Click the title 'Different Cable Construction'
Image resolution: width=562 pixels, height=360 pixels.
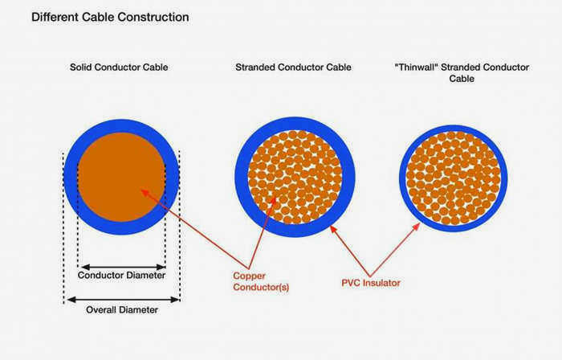click(110, 17)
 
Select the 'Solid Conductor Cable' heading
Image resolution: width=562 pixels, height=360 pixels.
click(119, 67)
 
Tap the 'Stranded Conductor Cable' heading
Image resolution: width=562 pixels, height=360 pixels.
click(293, 67)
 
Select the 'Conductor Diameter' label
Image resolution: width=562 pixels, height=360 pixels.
click(121, 275)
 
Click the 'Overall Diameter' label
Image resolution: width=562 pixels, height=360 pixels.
click(122, 310)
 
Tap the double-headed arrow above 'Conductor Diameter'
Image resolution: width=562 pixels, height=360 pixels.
click(123, 267)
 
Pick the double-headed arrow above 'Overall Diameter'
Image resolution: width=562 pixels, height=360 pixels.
click(124, 300)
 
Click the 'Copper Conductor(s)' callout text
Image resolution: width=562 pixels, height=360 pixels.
click(261, 281)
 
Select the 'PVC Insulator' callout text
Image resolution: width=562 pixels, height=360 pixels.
click(371, 283)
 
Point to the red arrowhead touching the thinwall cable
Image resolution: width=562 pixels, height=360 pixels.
click(417, 227)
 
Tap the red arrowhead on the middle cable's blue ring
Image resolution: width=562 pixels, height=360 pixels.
click(332, 229)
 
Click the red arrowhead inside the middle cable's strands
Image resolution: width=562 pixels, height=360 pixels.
click(274, 199)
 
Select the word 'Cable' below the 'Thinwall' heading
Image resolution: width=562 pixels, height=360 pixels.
click(462, 79)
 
